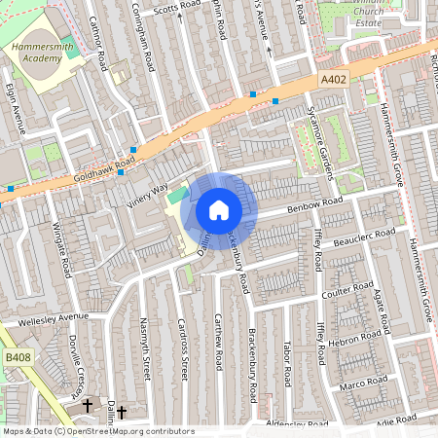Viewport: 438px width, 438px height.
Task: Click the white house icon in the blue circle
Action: (x=219, y=209)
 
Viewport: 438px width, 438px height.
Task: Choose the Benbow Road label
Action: (x=315, y=205)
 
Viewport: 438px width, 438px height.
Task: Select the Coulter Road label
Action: (x=347, y=291)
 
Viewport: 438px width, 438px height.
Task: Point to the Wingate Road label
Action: (x=65, y=248)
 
